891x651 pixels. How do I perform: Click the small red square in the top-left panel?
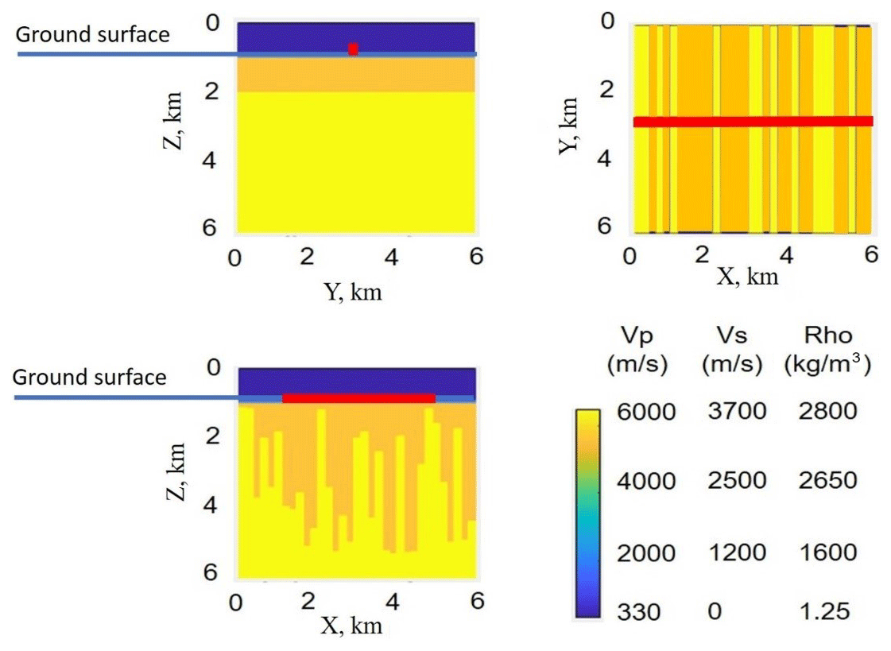[353, 49]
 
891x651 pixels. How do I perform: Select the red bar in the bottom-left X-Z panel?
[358, 397]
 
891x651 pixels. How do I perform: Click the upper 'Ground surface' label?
[93, 34]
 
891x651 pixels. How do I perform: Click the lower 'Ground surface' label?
[90, 377]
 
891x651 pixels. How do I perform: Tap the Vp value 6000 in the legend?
[645, 412]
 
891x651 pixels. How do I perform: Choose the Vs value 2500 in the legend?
[734, 481]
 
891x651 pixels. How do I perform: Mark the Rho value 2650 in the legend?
[827, 481]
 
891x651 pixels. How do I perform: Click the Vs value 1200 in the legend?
[734, 552]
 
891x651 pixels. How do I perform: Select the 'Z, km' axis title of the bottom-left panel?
[177, 473]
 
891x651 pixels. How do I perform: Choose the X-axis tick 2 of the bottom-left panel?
[308, 601]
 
